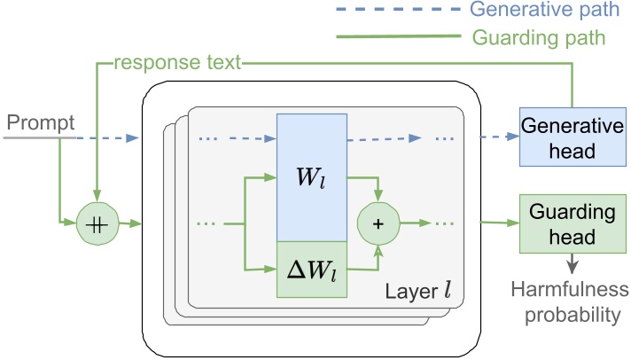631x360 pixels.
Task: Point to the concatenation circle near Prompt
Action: coord(97,223)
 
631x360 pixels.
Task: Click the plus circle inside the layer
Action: coord(379,223)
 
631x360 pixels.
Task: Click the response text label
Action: coord(178,65)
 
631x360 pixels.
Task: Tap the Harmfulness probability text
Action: coord(567,301)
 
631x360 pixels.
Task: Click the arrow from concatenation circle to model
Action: coord(129,223)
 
